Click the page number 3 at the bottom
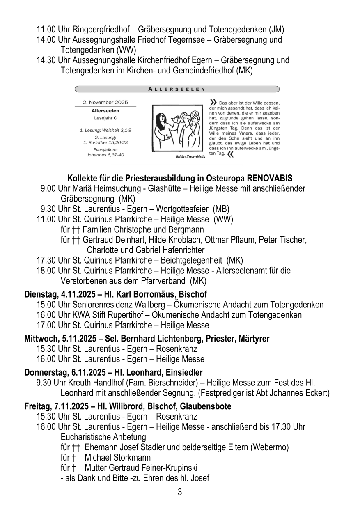[x=180, y=492]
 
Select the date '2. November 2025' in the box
[x=105, y=102]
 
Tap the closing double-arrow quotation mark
[x=230, y=154]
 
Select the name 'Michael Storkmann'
[x=117, y=457]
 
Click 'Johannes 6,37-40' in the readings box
[x=105, y=155]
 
